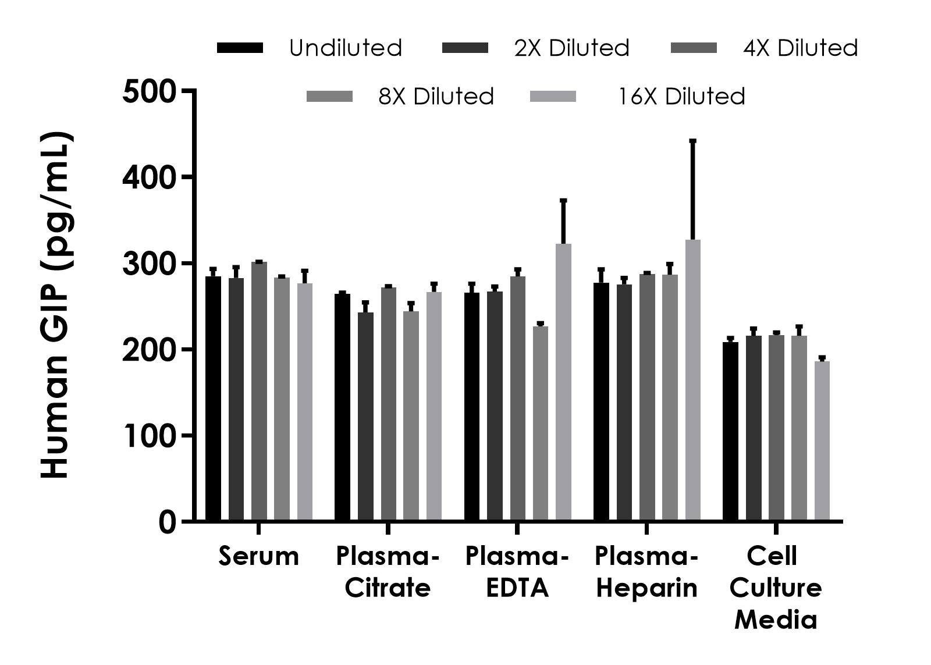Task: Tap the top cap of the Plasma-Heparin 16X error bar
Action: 692,141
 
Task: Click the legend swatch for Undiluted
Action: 240,48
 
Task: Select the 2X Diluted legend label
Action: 571,48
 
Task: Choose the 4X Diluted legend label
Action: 800,48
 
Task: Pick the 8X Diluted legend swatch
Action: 329,96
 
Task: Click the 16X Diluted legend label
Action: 681,96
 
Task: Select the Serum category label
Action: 258,556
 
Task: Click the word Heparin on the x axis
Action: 646,588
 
